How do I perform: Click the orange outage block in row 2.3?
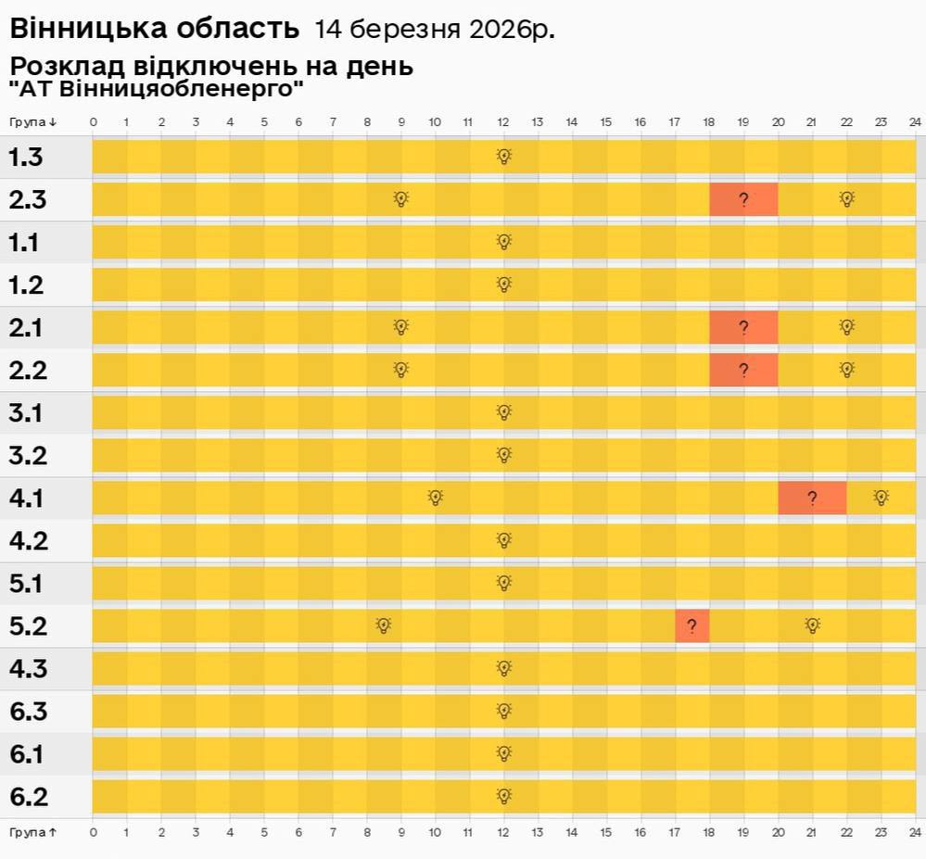click(743, 199)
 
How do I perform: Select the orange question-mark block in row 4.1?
click(812, 498)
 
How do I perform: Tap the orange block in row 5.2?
click(692, 625)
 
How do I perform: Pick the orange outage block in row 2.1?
click(743, 327)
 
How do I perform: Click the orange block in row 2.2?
click(743, 370)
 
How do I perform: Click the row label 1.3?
click(26, 158)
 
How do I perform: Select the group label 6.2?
click(28, 797)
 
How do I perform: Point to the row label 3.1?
click(26, 413)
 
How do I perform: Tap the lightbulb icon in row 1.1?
click(503, 242)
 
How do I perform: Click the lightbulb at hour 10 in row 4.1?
click(436, 498)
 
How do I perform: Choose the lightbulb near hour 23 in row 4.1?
click(881, 498)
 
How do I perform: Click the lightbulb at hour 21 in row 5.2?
click(812, 625)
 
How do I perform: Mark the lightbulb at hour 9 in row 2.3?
click(400, 199)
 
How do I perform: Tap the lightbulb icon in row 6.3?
click(503, 711)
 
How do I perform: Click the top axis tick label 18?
click(709, 122)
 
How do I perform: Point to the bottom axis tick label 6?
click(298, 832)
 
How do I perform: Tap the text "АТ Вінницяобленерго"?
click(157, 90)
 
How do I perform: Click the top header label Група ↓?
click(33, 122)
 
